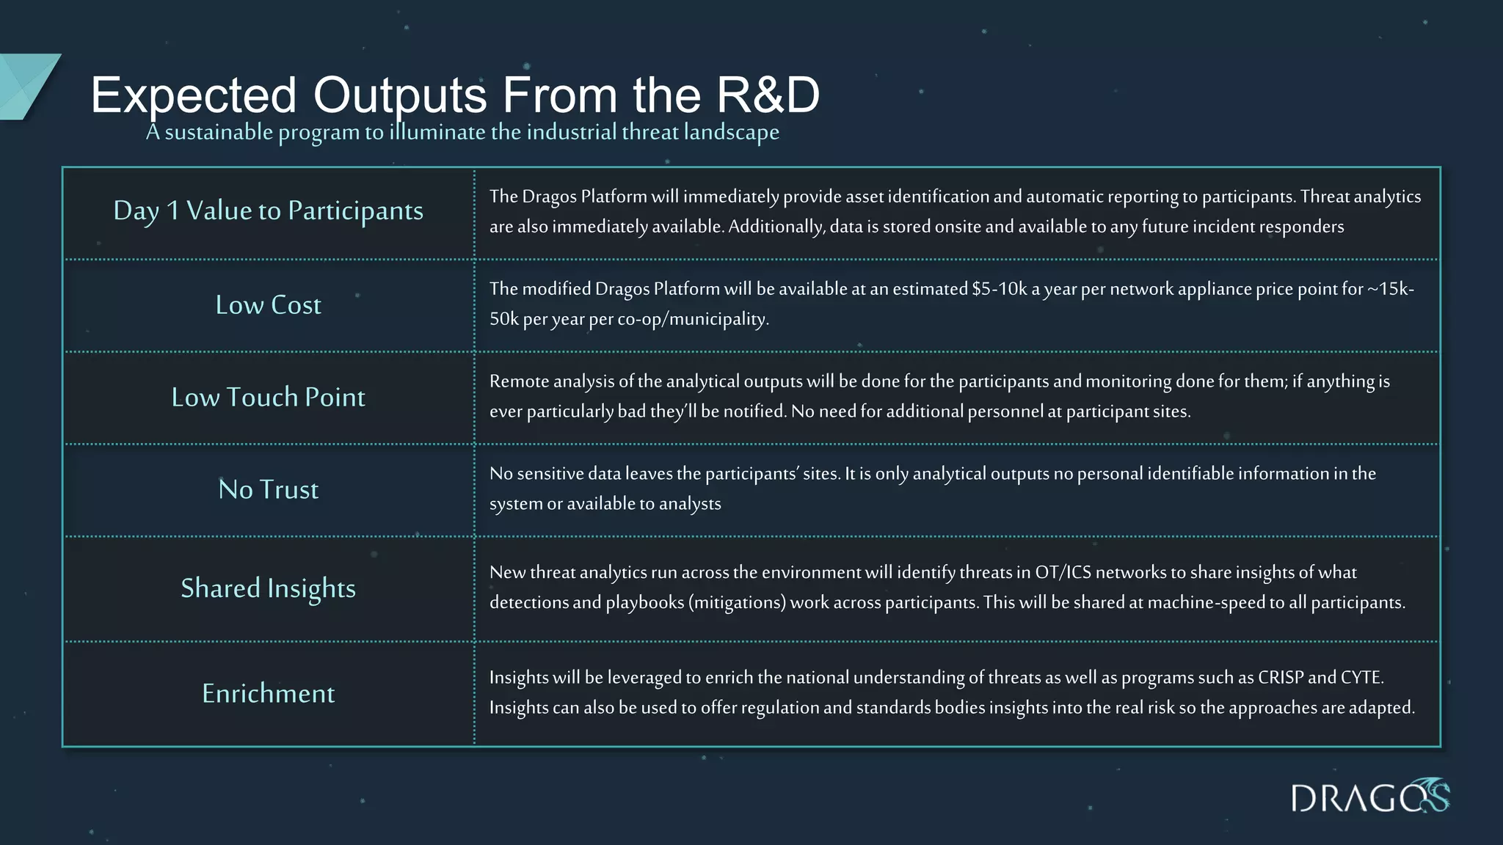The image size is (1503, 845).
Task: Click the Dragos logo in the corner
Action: coord(1369,797)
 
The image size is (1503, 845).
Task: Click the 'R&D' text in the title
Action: coord(768,95)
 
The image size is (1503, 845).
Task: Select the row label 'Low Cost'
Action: coord(268,305)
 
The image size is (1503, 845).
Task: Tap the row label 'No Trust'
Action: coord(268,489)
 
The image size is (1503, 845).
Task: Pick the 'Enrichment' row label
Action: coord(268,693)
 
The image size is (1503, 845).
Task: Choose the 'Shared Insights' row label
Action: coord(268,588)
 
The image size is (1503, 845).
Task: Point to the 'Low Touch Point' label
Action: coord(268,397)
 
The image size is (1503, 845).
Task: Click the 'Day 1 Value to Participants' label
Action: coord(268,211)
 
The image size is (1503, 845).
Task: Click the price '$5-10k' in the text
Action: coord(1000,289)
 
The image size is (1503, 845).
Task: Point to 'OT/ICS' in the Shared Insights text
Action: coord(1063,572)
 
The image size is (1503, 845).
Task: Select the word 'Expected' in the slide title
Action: coord(194,95)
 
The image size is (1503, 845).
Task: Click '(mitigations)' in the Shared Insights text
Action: coord(737,602)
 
